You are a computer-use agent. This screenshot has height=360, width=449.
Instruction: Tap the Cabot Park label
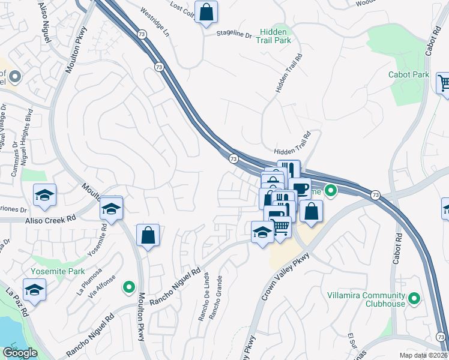click(409, 74)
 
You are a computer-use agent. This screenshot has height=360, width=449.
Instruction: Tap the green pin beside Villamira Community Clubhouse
click(414, 298)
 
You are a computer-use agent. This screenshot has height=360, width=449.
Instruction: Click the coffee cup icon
click(300, 189)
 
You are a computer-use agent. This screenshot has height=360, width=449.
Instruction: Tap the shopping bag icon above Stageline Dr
click(206, 12)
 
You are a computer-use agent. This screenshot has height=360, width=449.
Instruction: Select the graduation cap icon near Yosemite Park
click(35, 290)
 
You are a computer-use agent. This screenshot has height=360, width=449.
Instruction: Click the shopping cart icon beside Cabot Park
click(444, 83)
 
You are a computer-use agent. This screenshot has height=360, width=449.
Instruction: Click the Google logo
click(19, 353)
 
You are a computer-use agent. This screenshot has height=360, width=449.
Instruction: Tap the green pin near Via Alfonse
click(128, 288)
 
